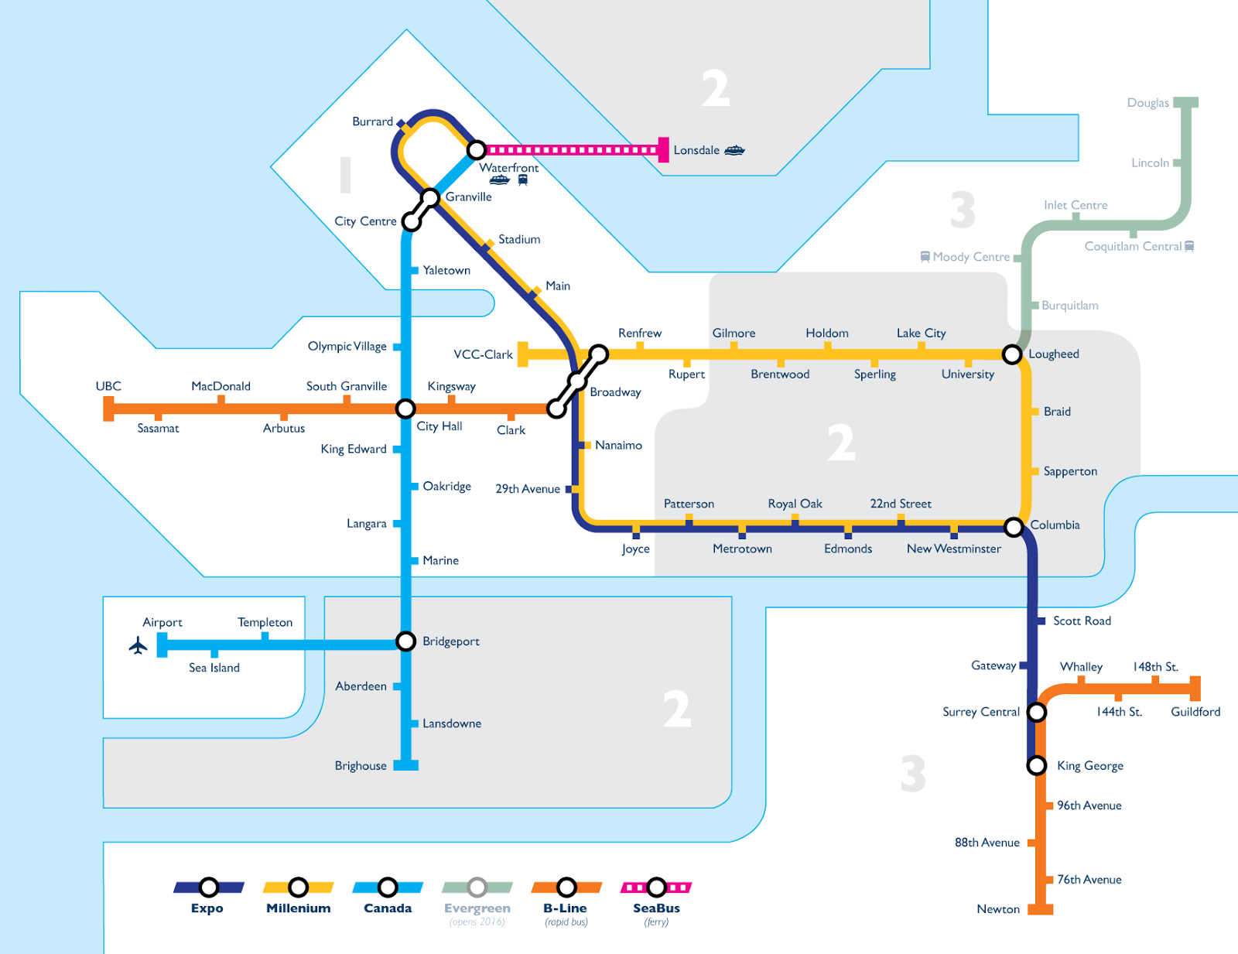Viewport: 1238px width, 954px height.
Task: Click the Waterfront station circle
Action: [477, 149]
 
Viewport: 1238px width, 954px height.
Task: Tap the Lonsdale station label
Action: [696, 150]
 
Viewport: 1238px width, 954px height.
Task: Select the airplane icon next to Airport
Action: [139, 645]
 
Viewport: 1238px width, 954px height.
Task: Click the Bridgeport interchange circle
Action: [405, 641]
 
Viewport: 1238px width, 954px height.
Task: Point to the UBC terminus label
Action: [108, 386]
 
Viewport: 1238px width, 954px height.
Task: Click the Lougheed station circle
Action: [1011, 354]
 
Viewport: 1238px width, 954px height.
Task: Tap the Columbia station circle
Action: [1014, 527]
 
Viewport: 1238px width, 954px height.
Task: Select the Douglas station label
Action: [1147, 103]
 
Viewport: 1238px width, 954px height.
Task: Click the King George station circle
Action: [1037, 765]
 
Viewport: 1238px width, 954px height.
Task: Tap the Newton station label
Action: [997, 909]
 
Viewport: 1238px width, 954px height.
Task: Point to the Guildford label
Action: [1195, 712]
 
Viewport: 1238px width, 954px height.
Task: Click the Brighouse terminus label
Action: [361, 766]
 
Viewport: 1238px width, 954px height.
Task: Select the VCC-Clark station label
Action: [483, 354]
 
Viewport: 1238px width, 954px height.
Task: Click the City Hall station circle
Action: [405, 409]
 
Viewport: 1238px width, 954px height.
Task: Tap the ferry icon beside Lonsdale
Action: [734, 150]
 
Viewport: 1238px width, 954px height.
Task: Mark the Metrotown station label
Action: [742, 549]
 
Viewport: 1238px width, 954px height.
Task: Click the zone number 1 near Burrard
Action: [345, 175]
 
